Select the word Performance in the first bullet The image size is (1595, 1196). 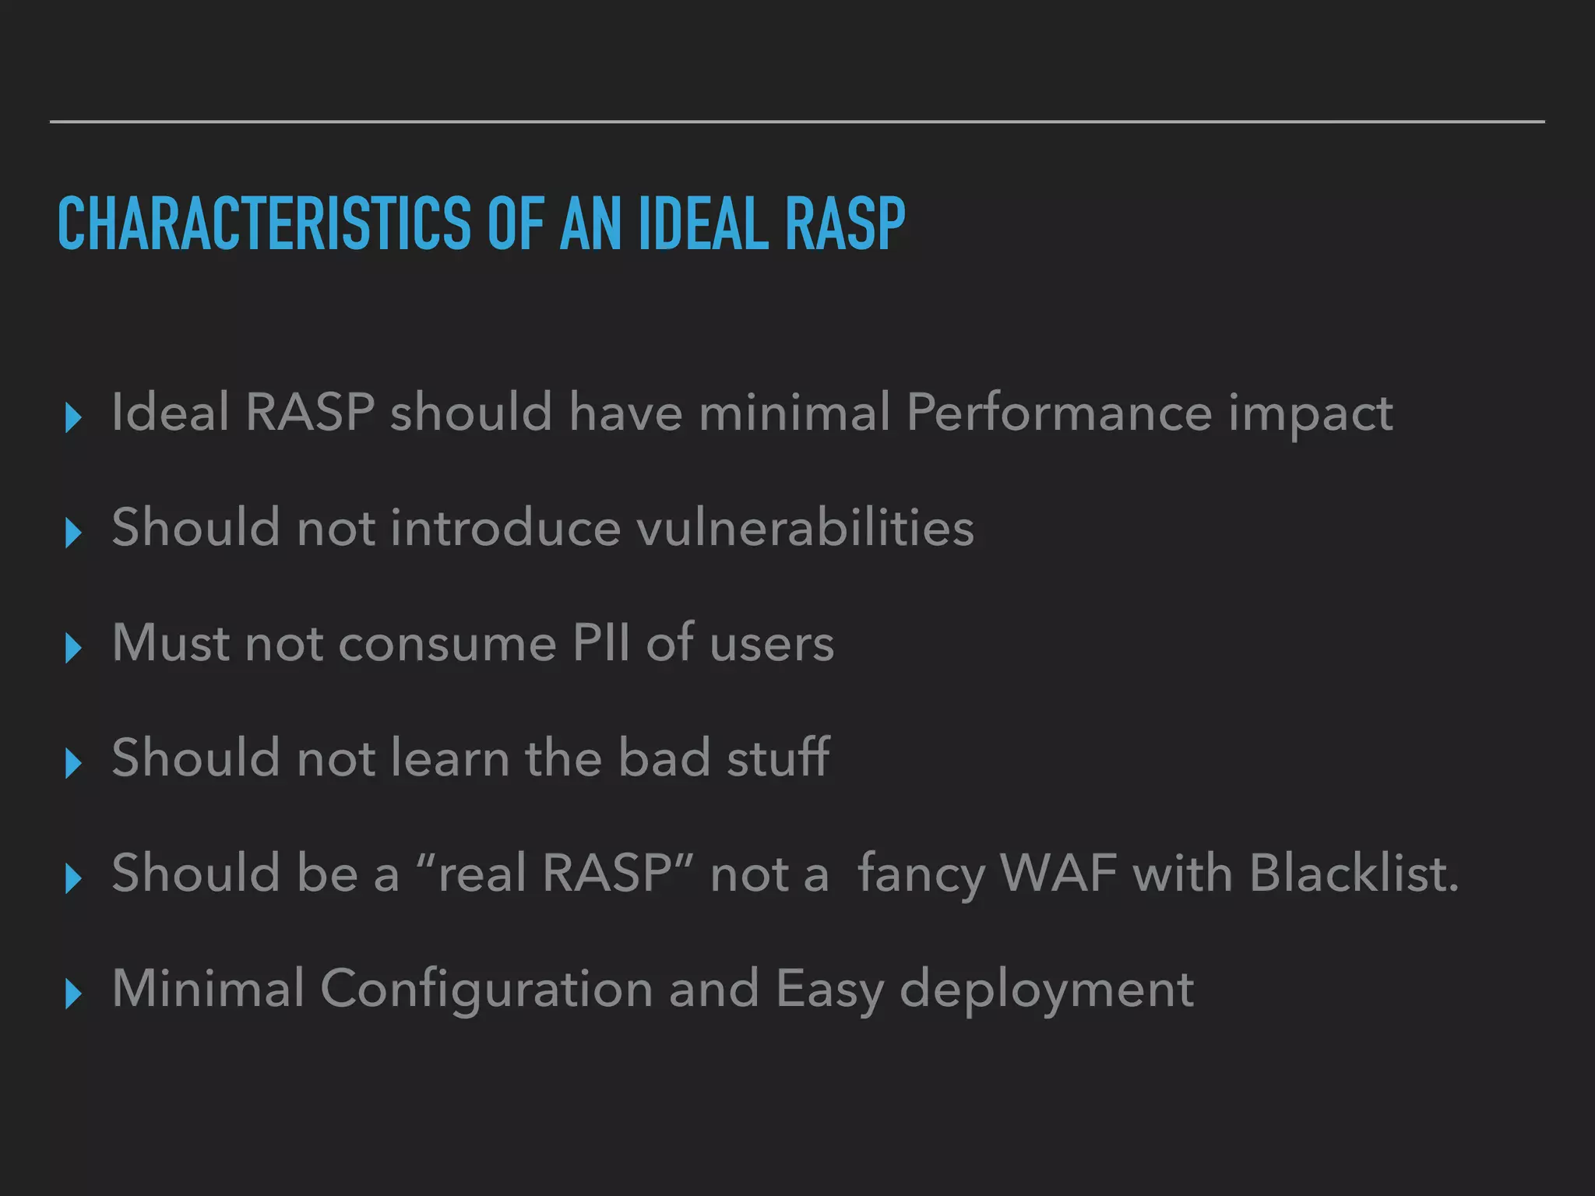click(x=1059, y=412)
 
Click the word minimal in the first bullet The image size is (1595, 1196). click(x=794, y=412)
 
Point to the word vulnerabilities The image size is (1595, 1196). click(x=805, y=527)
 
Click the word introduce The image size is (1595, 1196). click(x=505, y=527)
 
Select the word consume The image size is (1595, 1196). click(x=447, y=644)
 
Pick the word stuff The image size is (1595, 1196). click(x=778, y=757)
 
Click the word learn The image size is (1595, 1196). click(x=449, y=757)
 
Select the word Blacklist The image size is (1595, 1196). click(x=1354, y=872)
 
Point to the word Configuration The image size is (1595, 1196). click(x=486, y=989)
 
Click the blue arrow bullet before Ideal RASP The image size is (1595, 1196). click(x=73, y=417)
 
